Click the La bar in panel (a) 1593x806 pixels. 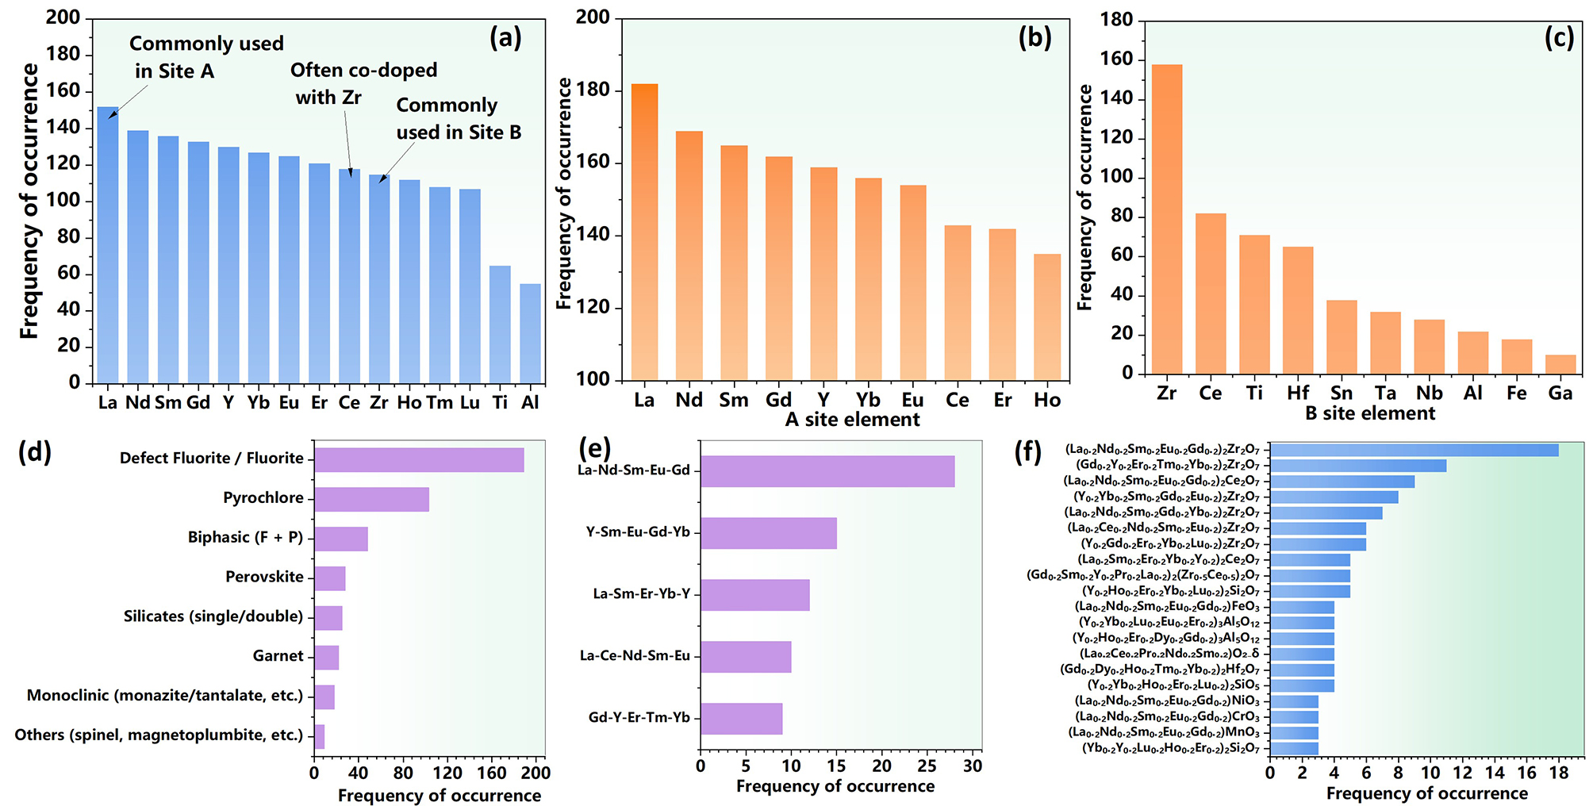pyautogui.click(x=108, y=246)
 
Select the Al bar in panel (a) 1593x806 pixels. pyautogui.click(x=530, y=333)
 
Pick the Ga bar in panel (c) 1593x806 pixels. pyautogui.click(x=1560, y=364)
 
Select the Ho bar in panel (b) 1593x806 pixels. pyautogui.click(x=1047, y=317)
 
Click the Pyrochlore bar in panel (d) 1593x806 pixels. pyautogui.click(x=371, y=499)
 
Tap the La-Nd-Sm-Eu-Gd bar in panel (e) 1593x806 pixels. pyautogui.click(x=827, y=470)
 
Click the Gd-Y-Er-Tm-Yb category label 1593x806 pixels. pyautogui.click(x=639, y=717)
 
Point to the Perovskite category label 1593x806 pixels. pyautogui.click(x=264, y=577)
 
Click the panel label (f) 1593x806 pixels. pyautogui.click(x=1028, y=451)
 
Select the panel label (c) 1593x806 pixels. pyautogui.click(x=1558, y=37)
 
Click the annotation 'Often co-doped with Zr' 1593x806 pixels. pyautogui.click(x=363, y=83)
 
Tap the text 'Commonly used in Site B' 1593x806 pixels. pyautogui.click(x=458, y=118)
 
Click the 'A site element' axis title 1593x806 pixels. pyautogui.click(x=852, y=420)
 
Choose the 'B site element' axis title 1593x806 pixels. pyautogui.click(x=1369, y=413)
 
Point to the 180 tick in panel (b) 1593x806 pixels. pyautogui.click(x=596, y=90)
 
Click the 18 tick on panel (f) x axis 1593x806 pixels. pyautogui.click(x=1558, y=773)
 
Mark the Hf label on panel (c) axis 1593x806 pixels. pyautogui.click(x=1298, y=393)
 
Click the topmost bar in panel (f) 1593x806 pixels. pyautogui.click(x=1414, y=450)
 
